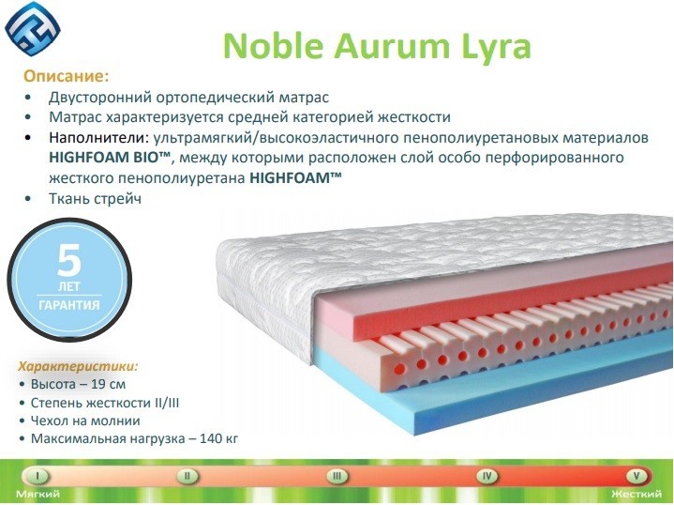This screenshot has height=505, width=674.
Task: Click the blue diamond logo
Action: point(33,28)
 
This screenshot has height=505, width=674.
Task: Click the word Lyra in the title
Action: point(497,47)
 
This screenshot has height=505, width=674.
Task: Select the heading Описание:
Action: point(67,76)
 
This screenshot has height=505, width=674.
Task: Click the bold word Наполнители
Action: point(98,138)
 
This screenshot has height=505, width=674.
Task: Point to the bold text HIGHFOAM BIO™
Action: point(111,158)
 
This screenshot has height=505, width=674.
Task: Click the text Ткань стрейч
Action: point(95,199)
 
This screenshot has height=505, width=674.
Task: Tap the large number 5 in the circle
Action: point(68,260)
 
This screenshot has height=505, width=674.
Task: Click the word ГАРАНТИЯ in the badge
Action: point(69,305)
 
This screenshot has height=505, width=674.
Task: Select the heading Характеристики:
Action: point(78,366)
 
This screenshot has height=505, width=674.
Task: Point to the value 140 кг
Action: point(218,438)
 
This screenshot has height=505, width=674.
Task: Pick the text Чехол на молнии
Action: point(85,421)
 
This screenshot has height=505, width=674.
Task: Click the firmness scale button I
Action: point(37,476)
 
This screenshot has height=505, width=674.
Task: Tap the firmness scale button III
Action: point(337,476)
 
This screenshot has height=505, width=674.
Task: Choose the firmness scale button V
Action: point(637,476)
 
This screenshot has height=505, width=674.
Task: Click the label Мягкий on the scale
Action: point(37,494)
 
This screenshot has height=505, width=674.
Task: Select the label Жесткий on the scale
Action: point(637,494)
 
